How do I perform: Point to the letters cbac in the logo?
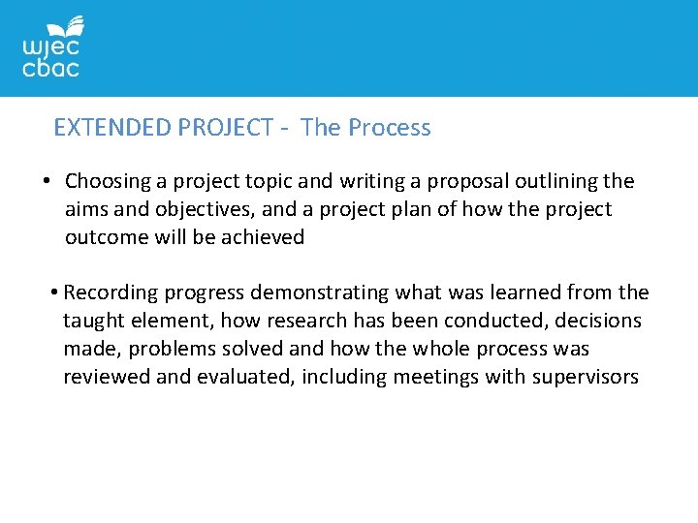(x=50, y=68)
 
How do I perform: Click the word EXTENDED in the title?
(x=113, y=128)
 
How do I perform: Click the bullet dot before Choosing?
(x=46, y=181)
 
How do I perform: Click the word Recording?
(x=107, y=292)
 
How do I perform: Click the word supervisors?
(x=586, y=377)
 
